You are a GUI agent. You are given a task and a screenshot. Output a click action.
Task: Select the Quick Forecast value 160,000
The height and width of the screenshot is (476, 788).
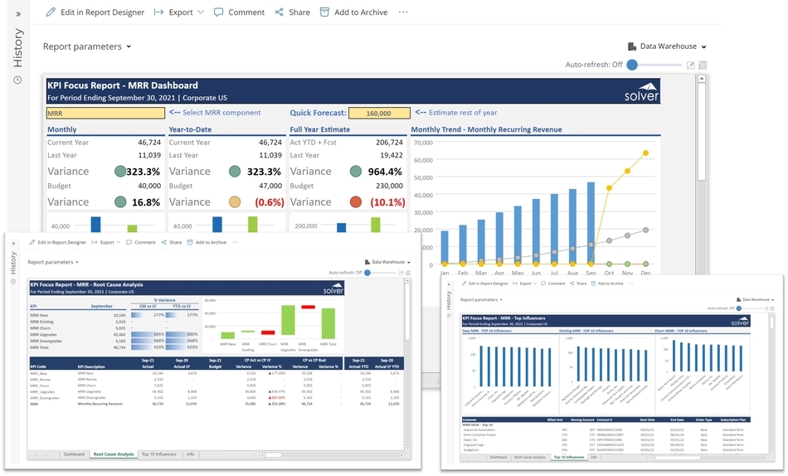pos(378,113)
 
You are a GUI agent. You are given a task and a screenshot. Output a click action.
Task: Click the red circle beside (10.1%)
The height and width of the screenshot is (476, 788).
pos(355,202)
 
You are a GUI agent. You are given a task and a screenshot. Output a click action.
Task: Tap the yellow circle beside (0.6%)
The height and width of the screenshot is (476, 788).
pos(235,202)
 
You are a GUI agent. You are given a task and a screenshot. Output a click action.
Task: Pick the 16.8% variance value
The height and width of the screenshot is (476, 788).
pos(146,202)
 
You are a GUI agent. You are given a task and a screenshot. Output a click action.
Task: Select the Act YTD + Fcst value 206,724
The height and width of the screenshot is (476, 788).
pos(389,143)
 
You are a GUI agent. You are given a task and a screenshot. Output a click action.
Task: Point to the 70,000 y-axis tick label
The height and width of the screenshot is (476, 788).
pos(422,142)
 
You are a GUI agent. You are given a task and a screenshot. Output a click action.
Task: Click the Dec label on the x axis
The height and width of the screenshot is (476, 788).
pos(645,273)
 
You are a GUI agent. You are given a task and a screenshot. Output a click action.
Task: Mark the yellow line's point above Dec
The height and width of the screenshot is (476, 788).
pos(645,153)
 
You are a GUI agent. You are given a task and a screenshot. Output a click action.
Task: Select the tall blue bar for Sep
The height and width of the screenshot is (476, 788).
pos(591,223)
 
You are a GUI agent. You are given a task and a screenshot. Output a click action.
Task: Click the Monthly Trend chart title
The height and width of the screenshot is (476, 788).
pos(486,129)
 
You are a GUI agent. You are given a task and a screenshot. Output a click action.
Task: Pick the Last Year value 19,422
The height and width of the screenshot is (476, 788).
pos(391,155)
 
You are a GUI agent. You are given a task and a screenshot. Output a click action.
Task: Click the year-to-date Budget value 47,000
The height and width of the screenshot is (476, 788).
pos(267,187)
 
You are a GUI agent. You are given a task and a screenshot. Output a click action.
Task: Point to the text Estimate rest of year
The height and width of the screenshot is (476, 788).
pos(464,113)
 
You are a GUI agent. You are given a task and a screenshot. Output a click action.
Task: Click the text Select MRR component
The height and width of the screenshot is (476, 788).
pos(221,113)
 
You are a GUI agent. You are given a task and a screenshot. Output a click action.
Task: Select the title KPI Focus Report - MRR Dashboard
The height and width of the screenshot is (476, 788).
pos(123,85)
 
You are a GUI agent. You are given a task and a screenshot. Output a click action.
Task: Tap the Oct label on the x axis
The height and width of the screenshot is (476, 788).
pos(609,273)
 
